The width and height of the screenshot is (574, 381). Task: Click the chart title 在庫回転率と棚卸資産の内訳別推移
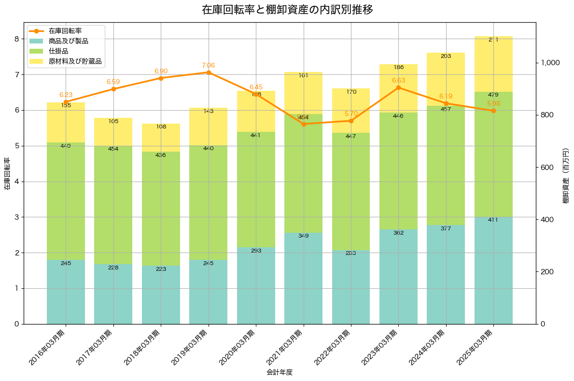click(287, 10)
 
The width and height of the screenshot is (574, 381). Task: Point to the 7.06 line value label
click(208, 65)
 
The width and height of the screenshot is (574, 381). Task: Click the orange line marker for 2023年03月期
click(398, 87)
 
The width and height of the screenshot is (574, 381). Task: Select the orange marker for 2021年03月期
click(303, 124)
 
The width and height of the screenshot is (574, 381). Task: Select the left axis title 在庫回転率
click(7, 173)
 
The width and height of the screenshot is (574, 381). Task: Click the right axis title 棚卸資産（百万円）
click(566, 173)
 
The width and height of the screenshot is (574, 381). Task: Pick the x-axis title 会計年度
click(280, 372)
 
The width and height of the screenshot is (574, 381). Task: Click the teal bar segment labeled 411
click(493, 270)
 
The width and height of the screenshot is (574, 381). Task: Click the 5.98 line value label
click(493, 103)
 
